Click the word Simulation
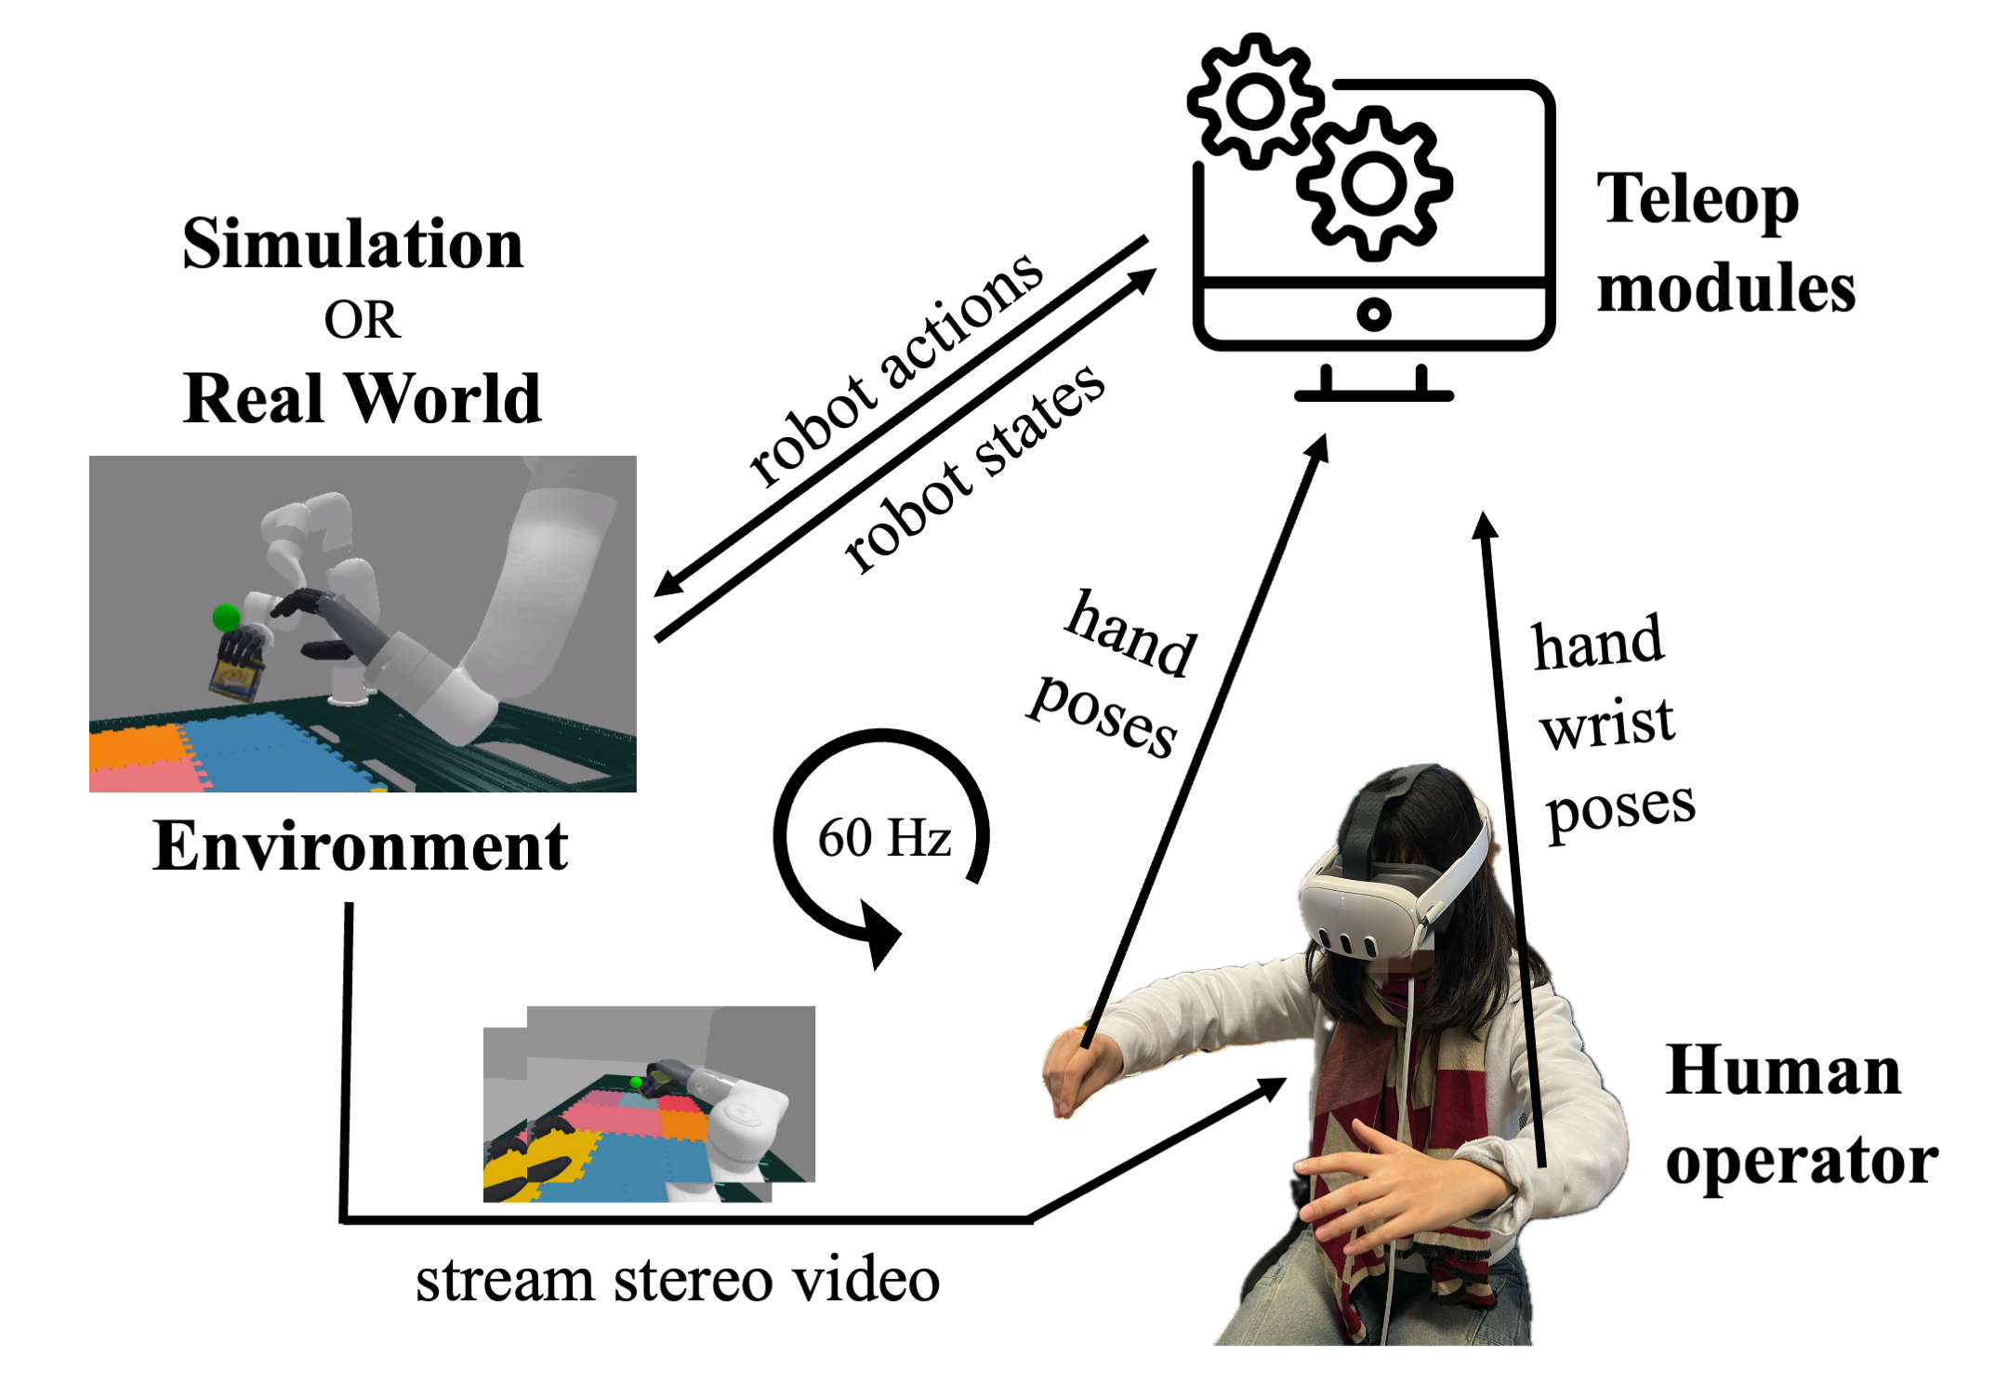coord(352,244)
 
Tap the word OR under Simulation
coord(362,320)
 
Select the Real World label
coord(361,398)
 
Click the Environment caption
coord(360,846)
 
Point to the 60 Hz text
coord(884,837)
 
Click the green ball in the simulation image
coord(226,617)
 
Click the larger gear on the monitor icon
coord(1373,183)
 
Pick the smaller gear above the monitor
coord(1255,101)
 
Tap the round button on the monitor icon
coord(1373,313)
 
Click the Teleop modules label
coord(1724,244)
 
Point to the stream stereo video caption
coord(678,1281)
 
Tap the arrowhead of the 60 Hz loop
coord(878,934)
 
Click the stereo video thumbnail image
coord(649,1103)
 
